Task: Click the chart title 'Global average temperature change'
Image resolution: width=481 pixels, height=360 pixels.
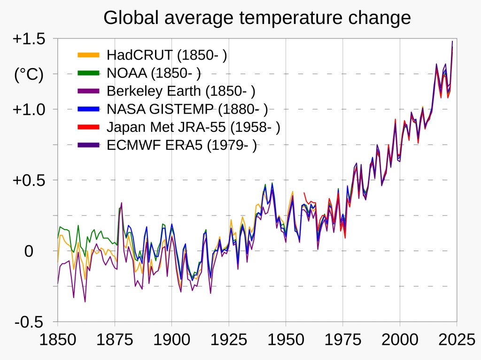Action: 257,18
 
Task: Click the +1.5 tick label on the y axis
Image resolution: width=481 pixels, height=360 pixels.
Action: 29,39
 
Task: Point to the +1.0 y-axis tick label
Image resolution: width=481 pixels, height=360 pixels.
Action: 29,109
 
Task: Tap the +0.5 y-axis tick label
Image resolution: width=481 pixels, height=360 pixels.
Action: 29,180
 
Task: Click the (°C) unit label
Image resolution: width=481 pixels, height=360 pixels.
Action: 29,74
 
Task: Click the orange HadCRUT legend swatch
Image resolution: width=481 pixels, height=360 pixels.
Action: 89,55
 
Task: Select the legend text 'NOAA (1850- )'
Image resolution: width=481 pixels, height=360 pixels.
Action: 154,73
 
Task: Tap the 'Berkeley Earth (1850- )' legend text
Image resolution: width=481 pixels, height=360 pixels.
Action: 181,91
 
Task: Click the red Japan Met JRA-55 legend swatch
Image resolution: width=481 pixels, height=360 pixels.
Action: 89,127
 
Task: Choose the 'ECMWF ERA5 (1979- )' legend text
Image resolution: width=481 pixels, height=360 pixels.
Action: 182,145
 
